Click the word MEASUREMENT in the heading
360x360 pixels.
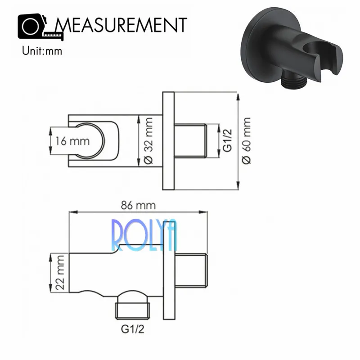click(x=121, y=25)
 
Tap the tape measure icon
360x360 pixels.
click(x=40, y=27)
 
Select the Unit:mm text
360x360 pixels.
click(x=42, y=51)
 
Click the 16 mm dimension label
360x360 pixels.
click(x=72, y=141)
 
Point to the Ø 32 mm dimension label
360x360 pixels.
click(x=149, y=141)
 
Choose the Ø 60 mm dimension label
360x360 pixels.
click(x=247, y=141)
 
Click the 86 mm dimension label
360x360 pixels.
click(x=138, y=205)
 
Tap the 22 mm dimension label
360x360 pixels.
click(x=60, y=273)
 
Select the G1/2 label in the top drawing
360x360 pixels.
click(x=228, y=140)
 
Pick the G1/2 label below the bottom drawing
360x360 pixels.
click(x=132, y=329)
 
